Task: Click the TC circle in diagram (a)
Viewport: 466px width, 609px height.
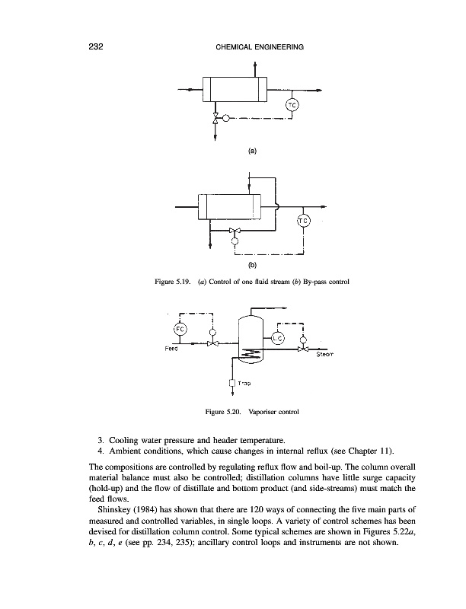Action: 292,105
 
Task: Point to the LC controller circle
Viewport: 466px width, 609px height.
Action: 277,339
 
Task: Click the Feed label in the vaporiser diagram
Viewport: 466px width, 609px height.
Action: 173,349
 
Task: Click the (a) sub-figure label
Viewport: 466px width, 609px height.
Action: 252,151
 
